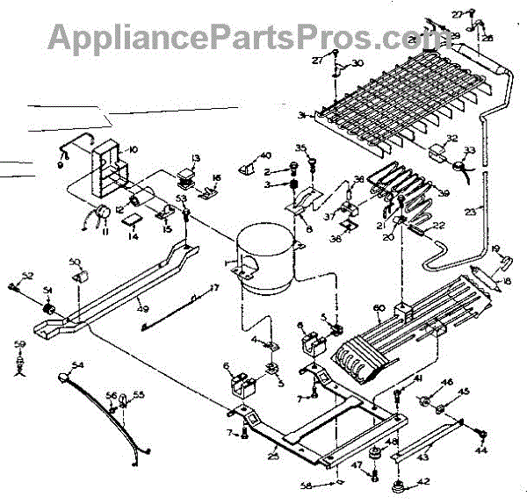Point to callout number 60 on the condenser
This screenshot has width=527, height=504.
click(380, 307)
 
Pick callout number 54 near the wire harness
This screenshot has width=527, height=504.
click(79, 364)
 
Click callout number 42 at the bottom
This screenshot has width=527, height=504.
click(424, 481)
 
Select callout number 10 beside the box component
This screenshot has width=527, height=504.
click(133, 150)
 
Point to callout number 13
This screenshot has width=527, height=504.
click(196, 158)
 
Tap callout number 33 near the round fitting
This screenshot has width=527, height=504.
click(469, 150)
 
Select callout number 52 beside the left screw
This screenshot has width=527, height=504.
click(27, 276)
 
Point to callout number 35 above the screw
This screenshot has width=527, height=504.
click(300, 148)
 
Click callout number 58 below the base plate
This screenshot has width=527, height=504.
click(329, 485)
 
